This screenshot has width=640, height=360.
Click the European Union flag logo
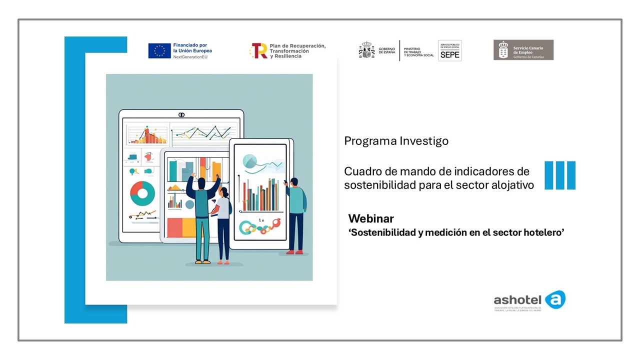tap(159, 50)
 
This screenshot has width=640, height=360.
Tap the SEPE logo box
tap(449, 50)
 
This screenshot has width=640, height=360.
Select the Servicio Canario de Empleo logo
tap(523, 50)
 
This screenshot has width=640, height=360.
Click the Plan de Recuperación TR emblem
tap(259, 50)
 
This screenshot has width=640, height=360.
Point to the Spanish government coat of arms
tap(366, 50)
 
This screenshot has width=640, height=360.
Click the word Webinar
tap(371, 218)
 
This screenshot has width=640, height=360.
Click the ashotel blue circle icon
tap(555, 299)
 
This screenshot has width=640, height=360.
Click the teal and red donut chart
tap(142, 193)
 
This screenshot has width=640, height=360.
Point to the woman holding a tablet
tap(223, 222)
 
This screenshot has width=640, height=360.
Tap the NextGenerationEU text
tap(190, 57)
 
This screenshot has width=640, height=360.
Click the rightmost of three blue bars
tap(570, 175)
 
